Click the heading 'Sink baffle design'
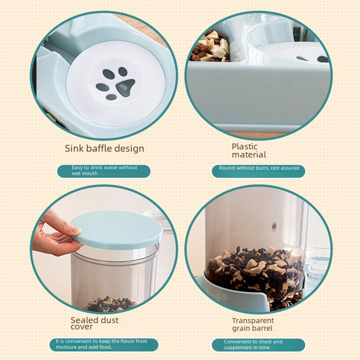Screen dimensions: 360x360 click(x=104, y=148)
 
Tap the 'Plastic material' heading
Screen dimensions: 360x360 click(x=249, y=150)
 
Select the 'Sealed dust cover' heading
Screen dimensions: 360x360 click(x=95, y=323)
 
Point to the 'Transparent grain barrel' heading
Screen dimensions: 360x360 click(x=252, y=324)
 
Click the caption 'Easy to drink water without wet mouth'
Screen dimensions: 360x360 click(x=104, y=171)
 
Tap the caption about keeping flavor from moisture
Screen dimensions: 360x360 click(x=104, y=345)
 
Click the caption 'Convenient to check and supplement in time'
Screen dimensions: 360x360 click(x=258, y=345)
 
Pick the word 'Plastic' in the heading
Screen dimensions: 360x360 click(x=245, y=147)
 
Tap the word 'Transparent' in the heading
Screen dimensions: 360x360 click(x=253, y=321)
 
